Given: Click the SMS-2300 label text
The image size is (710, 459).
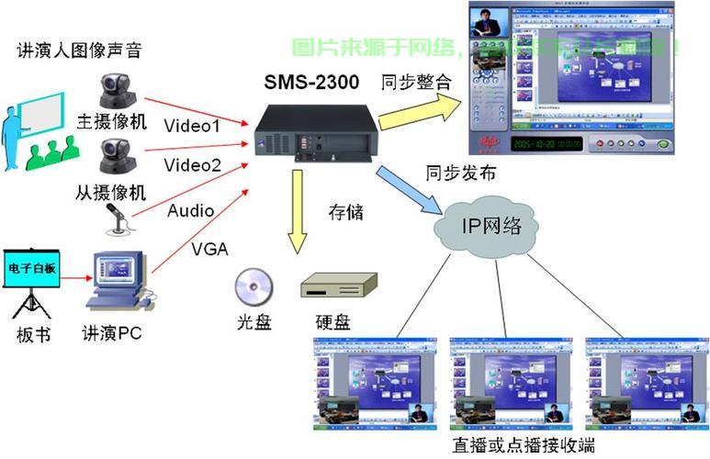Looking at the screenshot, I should tap(313, 83).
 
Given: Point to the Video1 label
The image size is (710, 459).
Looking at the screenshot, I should tap(192, 126).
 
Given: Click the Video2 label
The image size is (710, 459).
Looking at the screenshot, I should tap(192, 165).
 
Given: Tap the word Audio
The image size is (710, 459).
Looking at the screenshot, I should tap(190, 211).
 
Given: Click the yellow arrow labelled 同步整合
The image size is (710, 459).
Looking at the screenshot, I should tap(418, 110).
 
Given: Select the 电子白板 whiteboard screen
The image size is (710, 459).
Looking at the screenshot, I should tap(31, 268).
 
